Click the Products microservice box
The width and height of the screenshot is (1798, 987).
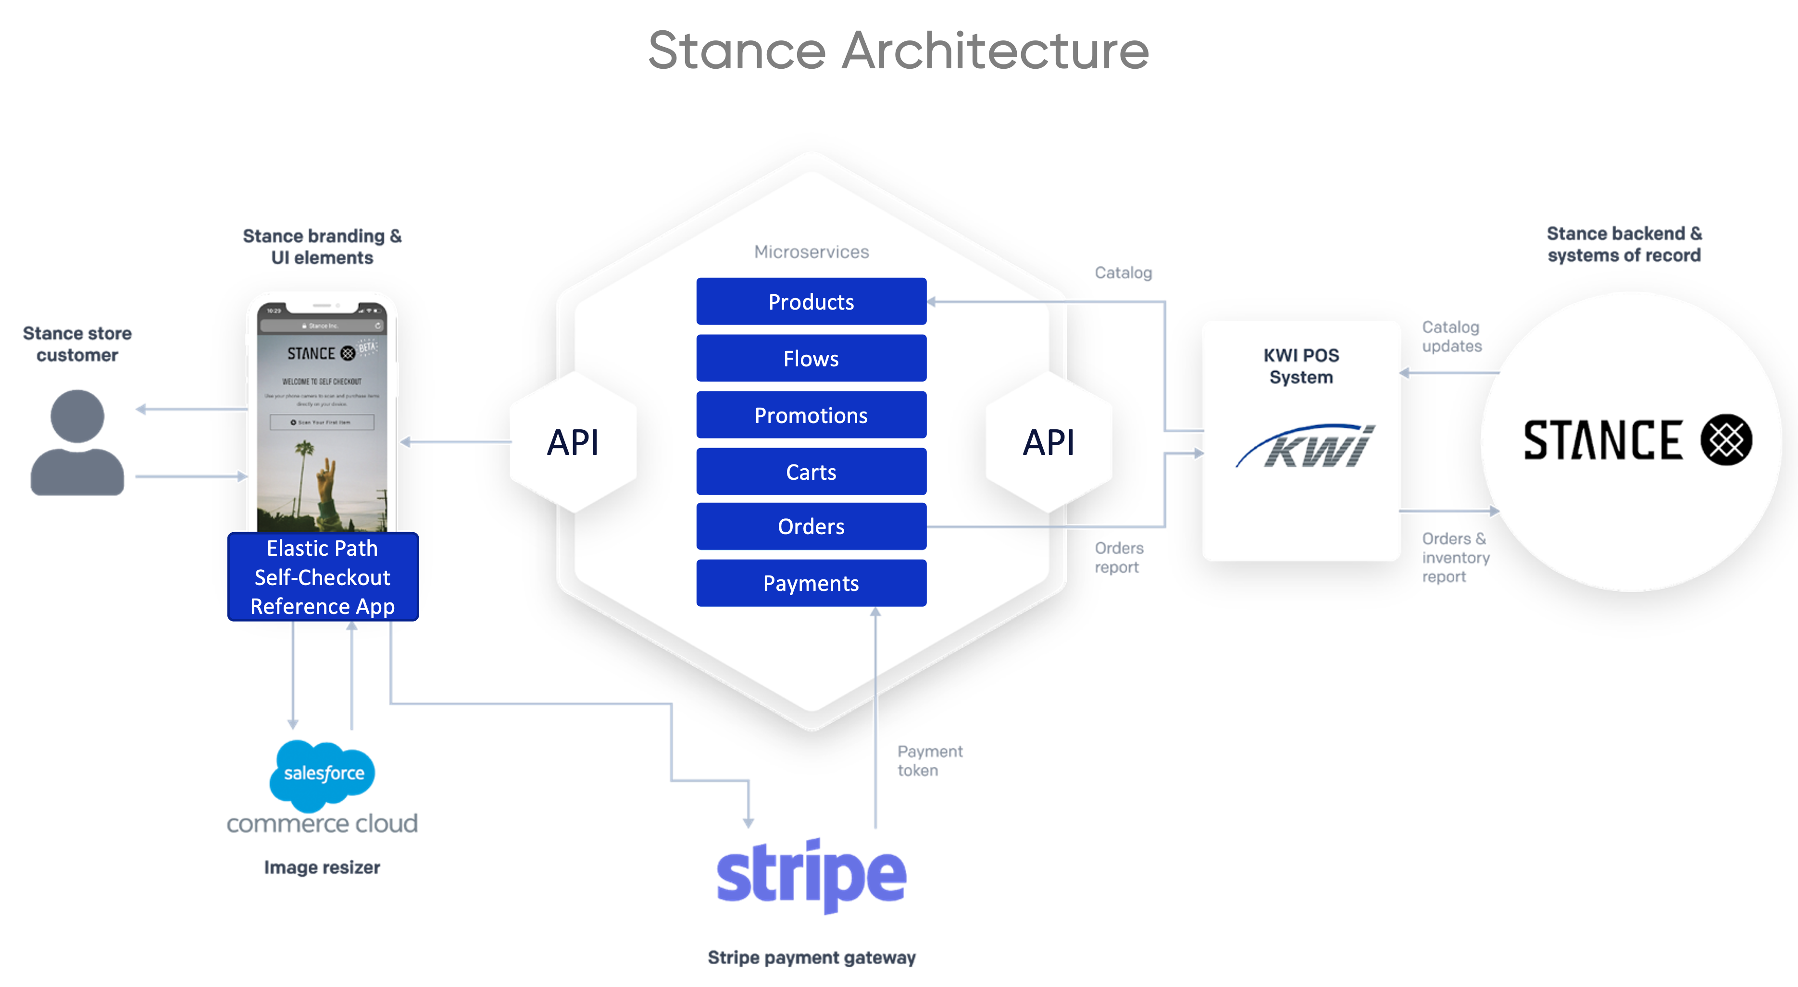tap(811, 301)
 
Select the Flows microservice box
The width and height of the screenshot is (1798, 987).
tap(811, 358)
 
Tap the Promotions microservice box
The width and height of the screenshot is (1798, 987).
tap(811, 415)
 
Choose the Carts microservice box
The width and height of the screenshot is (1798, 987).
tap(811, 472)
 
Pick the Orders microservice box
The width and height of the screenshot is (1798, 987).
tap(811, 526)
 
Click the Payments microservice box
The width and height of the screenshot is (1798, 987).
tap(811, 583)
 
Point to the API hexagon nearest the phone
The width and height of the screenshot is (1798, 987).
tap(573, 442)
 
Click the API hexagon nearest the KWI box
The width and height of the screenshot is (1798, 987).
tap(1049, 442)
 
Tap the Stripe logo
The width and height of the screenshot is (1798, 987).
tap(811, 875)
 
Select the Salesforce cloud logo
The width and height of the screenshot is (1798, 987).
tap(323, 773)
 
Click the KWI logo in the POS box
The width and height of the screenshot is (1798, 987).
tap(1305, 447)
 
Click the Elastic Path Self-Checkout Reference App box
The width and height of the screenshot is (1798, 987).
tap(323, 576)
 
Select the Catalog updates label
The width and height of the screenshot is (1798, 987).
tap(1451, 337)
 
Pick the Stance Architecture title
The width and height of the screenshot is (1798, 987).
tap(899, 50)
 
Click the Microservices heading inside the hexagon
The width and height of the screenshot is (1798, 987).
tap(811, 252)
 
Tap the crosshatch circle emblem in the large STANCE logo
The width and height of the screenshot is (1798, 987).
tap(1725, 440)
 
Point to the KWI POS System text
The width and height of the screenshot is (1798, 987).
tap(1301, 366)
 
